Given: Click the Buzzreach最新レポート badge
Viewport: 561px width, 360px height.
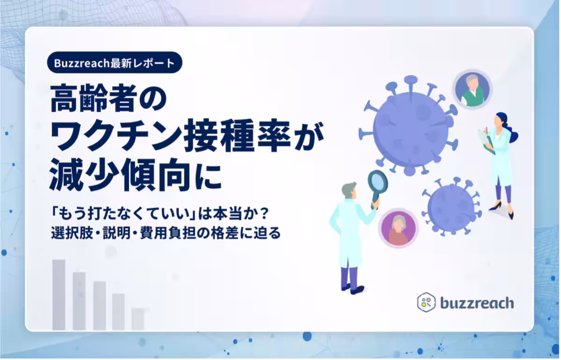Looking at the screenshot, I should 115,62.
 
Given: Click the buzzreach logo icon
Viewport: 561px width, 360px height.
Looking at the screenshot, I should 426,302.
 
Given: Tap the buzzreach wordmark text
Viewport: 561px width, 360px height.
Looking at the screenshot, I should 476,303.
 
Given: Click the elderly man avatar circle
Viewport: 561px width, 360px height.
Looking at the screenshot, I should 472,89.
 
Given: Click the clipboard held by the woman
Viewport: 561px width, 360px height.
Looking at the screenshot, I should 486,141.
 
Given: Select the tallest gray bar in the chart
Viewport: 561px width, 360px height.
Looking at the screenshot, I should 58,295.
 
